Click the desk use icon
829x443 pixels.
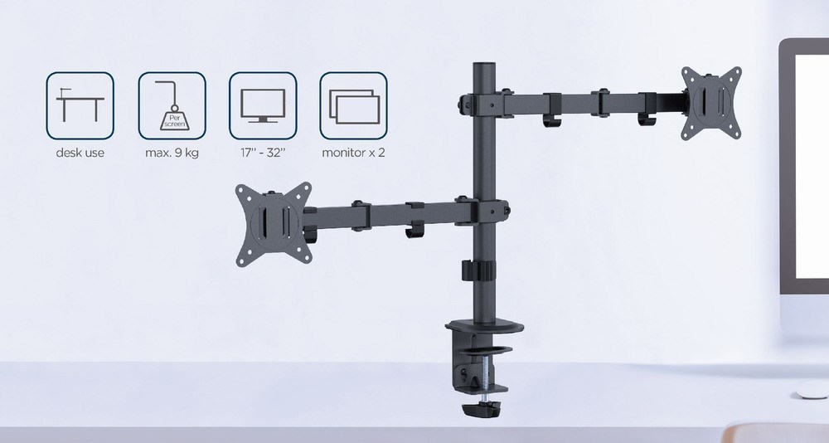coord(80,105)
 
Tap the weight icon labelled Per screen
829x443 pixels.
coord(172,105)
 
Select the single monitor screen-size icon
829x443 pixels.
coord(262,105)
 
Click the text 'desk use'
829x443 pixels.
coord(80,153)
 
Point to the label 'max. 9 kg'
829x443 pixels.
coord(172,153)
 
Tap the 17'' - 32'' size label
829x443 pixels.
coord(262,153)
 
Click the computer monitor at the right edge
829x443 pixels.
coord(803,166)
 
